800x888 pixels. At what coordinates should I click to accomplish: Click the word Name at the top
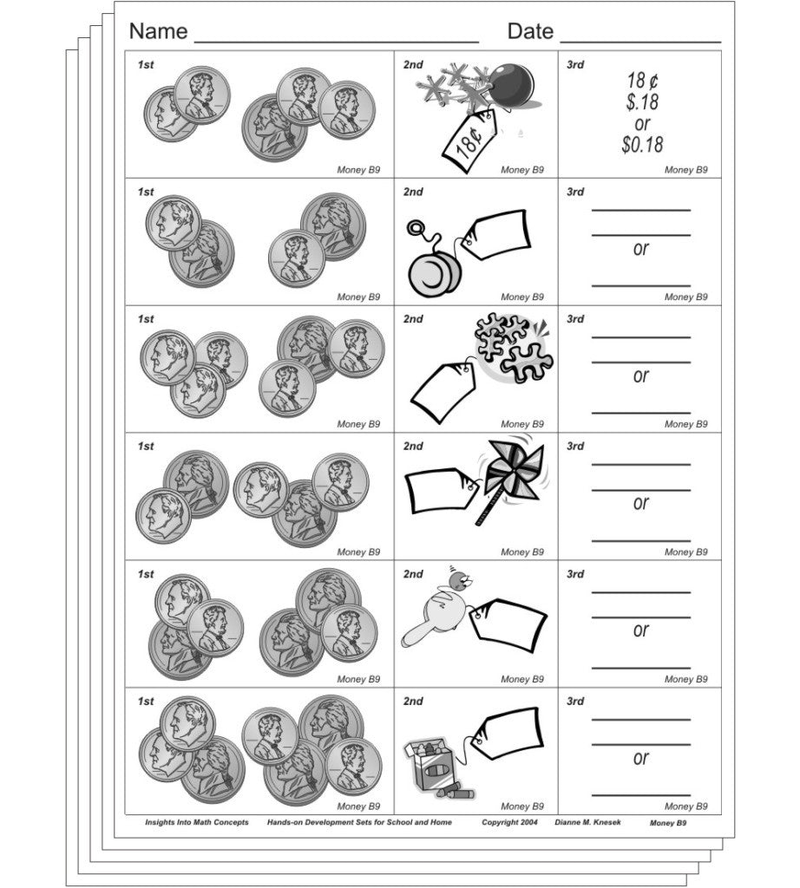click(x=158, y=32)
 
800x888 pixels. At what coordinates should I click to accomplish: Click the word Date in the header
click(x=530, y=32)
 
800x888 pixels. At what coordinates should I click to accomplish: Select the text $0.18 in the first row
click(x=641, y=145)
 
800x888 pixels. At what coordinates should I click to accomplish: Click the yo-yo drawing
click(x=431, y=265)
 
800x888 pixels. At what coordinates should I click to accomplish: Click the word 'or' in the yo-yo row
click(x=640, y=249)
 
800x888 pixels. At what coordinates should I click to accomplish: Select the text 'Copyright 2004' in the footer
click(x=510, y=822)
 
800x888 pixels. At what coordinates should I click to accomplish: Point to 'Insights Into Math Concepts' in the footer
click(x=196, y=822)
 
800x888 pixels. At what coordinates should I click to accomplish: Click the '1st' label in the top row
click(x=145, y=65)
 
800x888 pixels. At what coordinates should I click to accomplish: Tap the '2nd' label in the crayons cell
click(x=413, y=702)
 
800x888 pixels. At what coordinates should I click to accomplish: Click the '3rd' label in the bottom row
click(x=575, y=702)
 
